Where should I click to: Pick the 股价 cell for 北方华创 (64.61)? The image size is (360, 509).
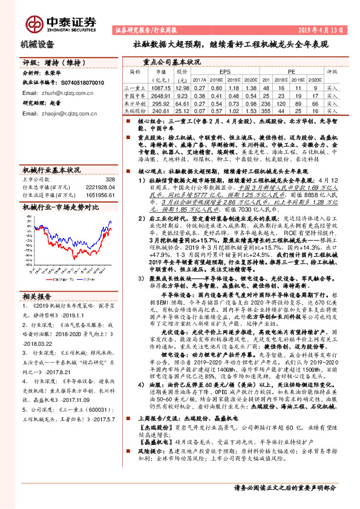click(182, 103)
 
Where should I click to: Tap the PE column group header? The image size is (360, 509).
click(291, 71)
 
